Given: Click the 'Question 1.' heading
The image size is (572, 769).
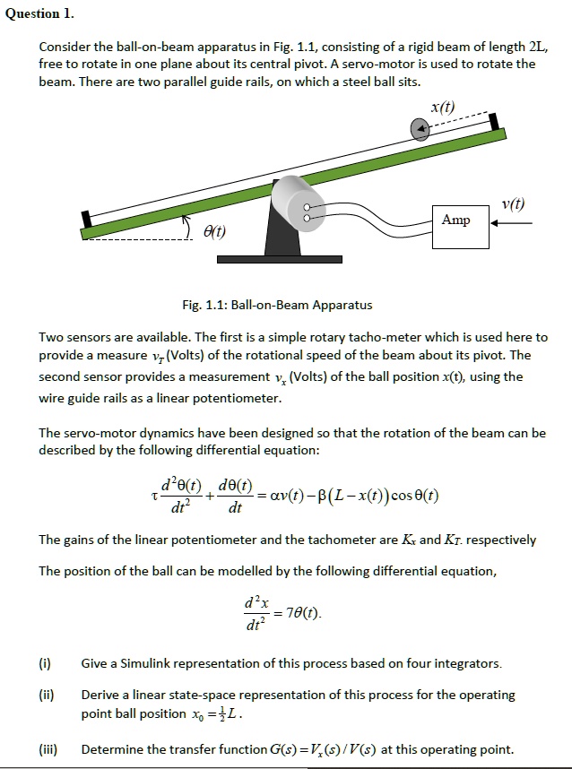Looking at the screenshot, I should coord(40,14).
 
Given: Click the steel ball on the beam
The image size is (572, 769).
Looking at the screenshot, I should coord(420,131).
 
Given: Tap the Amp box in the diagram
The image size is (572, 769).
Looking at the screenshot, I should coord(455,220).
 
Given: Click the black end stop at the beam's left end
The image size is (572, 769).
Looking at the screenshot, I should coord(86,219).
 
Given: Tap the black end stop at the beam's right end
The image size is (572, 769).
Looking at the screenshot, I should coord(493,121).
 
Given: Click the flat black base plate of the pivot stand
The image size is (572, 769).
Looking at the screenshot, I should coord(266,259).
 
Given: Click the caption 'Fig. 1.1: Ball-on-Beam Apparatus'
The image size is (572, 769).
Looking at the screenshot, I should coord(277,305).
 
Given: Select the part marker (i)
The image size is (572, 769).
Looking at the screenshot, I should coord(45,663).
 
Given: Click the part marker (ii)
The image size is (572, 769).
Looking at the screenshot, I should coord(47,695).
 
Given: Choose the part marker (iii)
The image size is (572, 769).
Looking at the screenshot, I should coord(48,749).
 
